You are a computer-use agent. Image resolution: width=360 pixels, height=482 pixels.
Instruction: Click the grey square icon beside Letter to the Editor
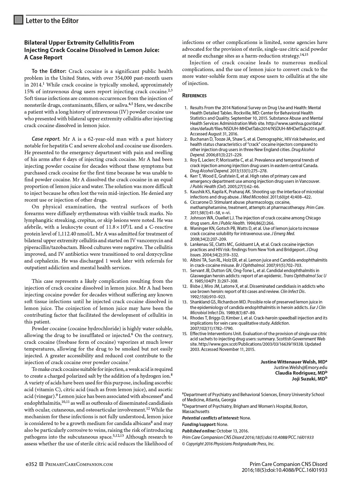(x=18, y=20)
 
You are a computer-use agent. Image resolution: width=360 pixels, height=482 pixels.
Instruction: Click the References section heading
(x=194, y=95)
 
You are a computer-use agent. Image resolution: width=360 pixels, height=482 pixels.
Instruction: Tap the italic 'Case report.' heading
(x=46, y=139)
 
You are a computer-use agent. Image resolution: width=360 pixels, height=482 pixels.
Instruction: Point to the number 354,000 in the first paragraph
(x=131, y=78)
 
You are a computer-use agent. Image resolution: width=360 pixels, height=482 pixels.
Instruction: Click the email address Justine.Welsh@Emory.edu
(x=300, y=367)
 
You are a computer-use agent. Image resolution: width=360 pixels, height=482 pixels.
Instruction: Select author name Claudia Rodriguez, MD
(x=301, y=373)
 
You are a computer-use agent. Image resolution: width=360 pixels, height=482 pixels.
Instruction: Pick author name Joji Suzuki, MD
(x=309, y=379)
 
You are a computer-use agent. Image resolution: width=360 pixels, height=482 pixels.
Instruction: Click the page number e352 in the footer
(x=31, y=464)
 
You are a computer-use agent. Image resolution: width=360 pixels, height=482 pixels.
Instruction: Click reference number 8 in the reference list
(x=186, y=228)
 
